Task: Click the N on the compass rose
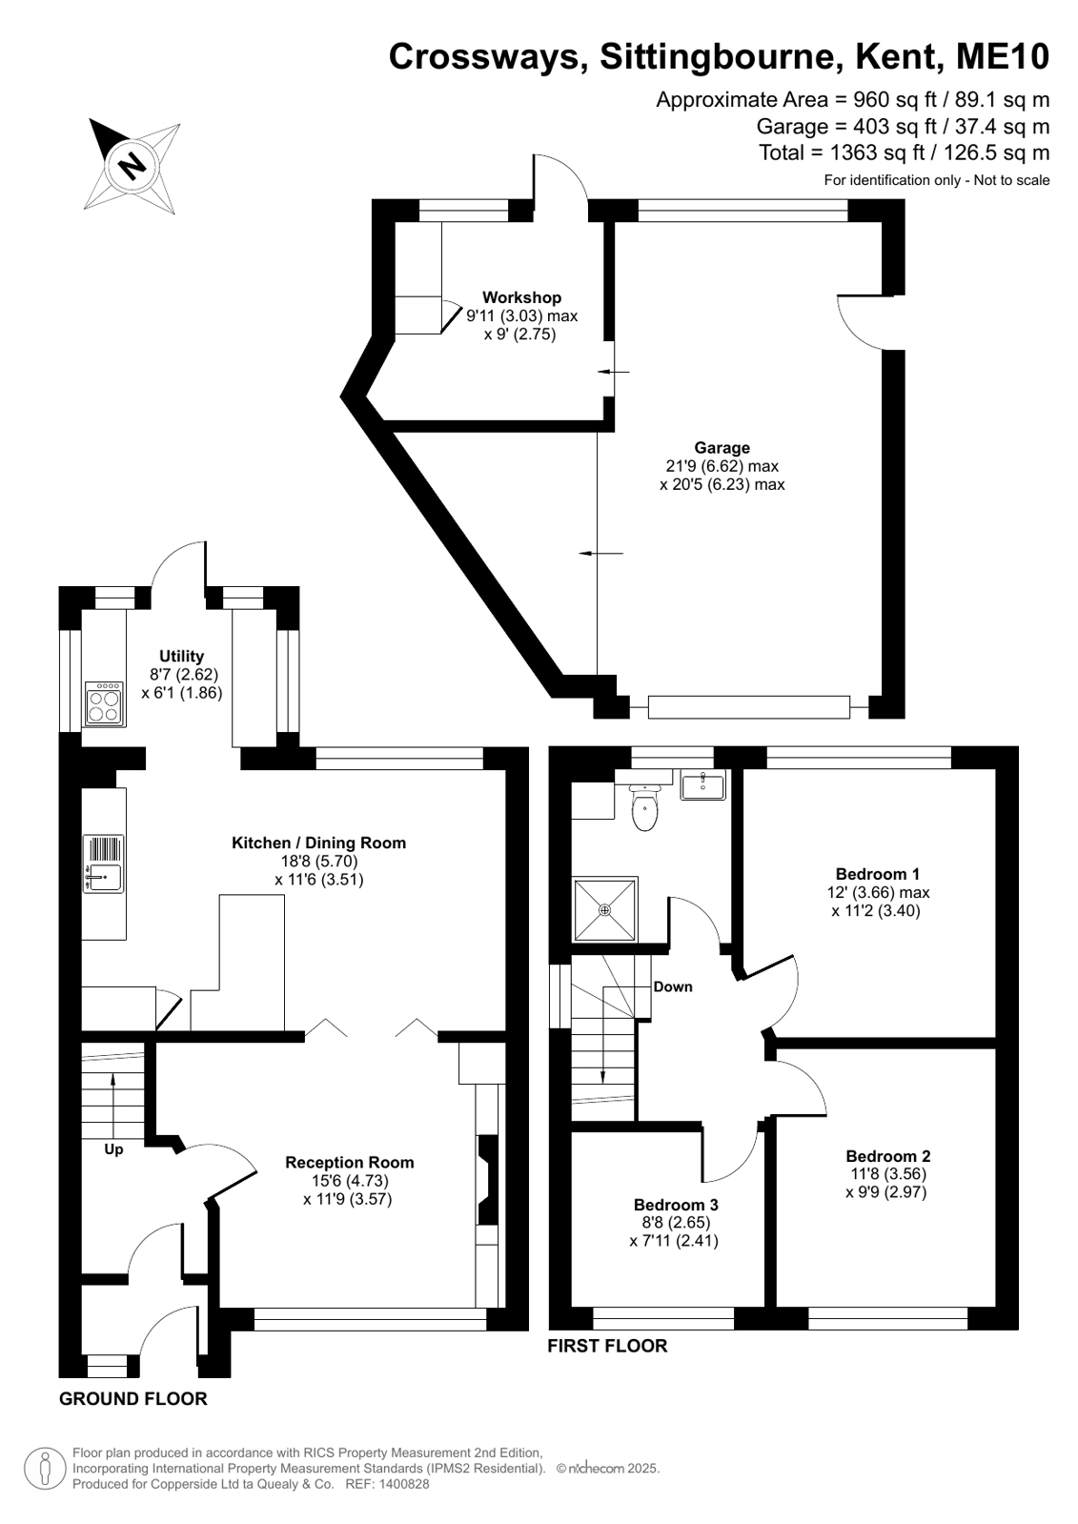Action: coord(132,164)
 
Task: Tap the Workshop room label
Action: coord(522,297)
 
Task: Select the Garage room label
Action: coord(722,448)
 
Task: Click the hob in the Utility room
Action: coord(105,703)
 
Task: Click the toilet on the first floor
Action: coord(645,807)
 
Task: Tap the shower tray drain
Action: coord(605,909)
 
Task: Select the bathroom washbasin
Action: coord(703,784)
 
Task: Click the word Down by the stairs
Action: coord(672,986)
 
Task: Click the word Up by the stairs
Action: coord(113,1149)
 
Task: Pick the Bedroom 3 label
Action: coord(676,1205)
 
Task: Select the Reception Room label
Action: coord(349,1162)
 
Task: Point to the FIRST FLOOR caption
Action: coord(608,1346)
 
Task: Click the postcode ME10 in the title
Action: coord(1003,56)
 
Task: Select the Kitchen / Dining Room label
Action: coord(318,843)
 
